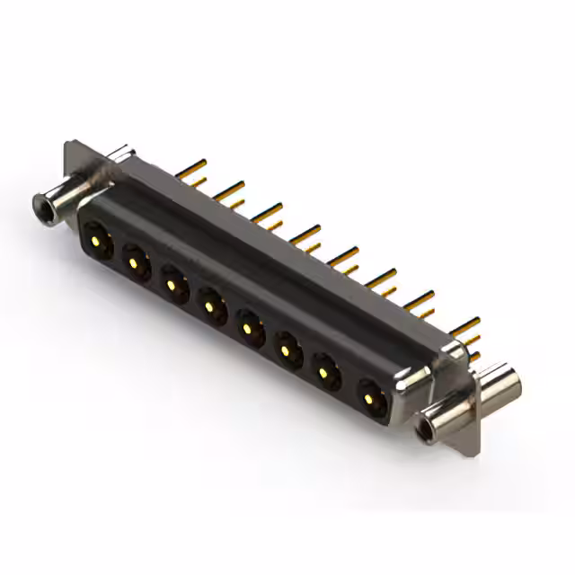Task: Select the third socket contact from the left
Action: [172, 285]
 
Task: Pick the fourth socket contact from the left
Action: [210, 307]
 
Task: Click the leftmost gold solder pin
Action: [190, 168]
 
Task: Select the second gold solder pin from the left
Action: [229, 190]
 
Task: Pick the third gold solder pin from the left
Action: [267, 212]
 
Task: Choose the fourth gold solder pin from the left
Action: [305, 234]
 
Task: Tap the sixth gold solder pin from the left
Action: [381, 279]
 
